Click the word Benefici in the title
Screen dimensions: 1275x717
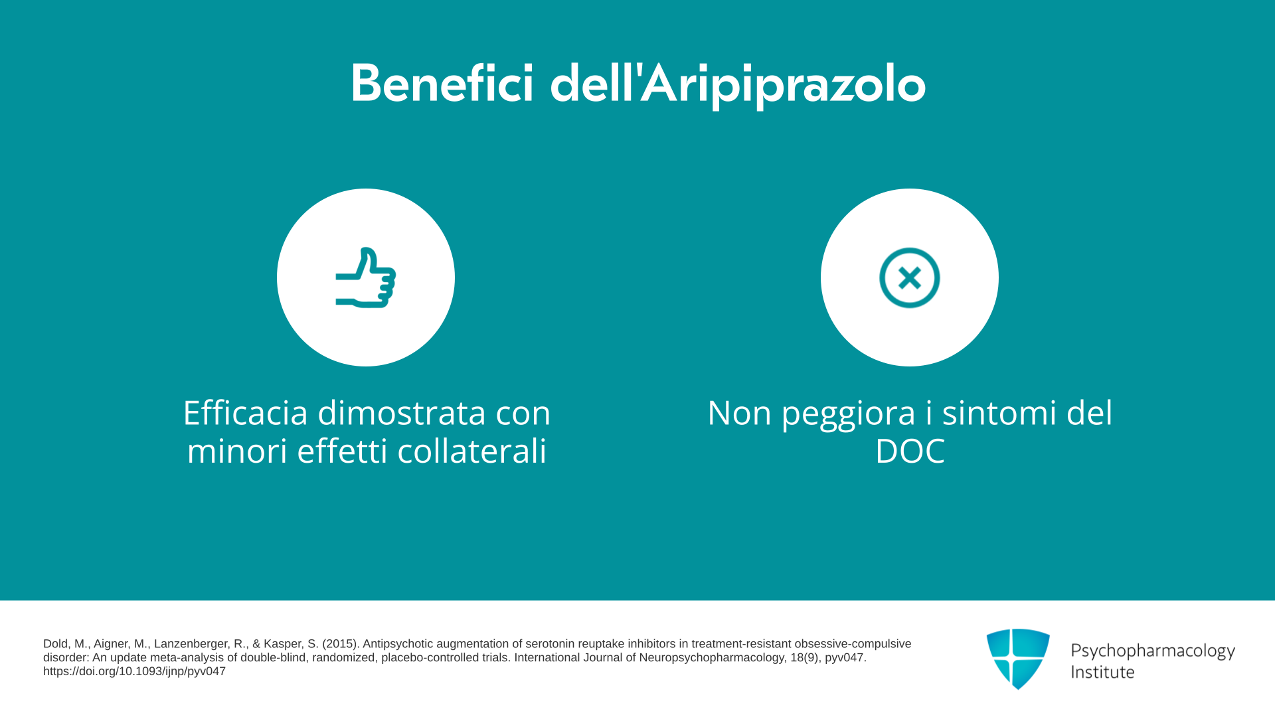point(442,84)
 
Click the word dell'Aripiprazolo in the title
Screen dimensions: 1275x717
point(738,85)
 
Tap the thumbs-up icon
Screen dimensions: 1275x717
point(366,278)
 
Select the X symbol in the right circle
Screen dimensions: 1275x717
point(910,278)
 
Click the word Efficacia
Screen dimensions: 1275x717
point(246,413)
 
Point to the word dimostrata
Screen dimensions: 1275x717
point(402,413)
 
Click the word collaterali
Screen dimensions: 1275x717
point(471,451)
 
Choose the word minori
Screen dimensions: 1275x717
point(237,451)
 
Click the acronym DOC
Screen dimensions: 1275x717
point(910,451)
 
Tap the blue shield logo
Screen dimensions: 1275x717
point(1018,659)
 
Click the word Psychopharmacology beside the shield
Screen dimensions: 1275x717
point(1153,651)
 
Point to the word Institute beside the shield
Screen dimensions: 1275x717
point(1102,672)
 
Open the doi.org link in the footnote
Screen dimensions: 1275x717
point(134,671)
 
